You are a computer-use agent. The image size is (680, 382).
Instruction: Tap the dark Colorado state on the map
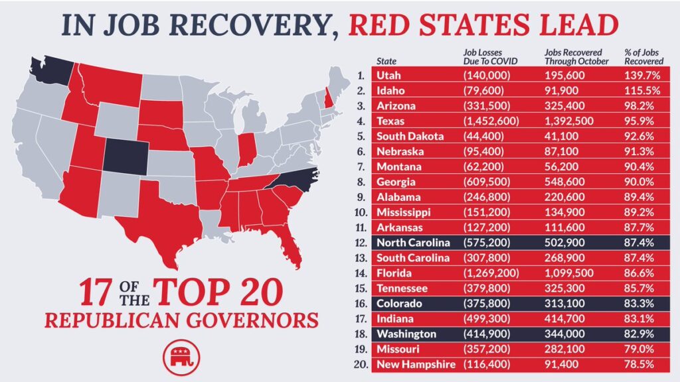pyautogui.click(x=126, y=155)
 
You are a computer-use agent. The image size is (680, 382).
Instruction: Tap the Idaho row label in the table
pyautogui.click(x=394, y=91)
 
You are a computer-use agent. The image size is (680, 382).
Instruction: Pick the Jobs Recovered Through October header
pyautogui.click(x=573, y=56)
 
